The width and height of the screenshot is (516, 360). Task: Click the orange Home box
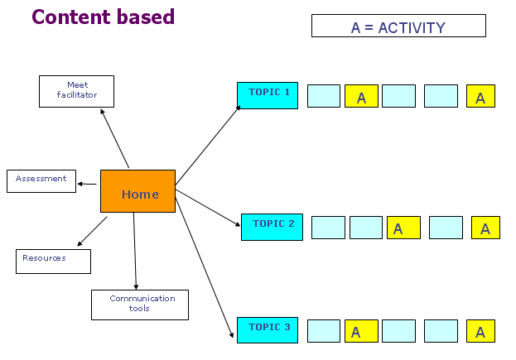coord(137,191)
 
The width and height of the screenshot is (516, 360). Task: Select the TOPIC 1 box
coord(268,95)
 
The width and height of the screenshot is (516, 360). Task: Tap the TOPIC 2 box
coord(272,227)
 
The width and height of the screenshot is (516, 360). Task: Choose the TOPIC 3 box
coord(268,330)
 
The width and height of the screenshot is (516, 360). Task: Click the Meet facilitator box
coord(77,91)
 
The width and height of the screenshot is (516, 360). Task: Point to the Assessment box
coord(41,181)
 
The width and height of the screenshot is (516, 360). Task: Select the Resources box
coord(53,262)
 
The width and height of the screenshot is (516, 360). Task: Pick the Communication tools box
coord(140,305)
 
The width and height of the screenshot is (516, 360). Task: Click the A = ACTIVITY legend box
coord(398,26)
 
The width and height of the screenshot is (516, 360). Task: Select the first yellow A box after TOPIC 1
coord(361,96)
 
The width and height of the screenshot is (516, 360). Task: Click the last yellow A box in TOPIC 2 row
coord(485,228)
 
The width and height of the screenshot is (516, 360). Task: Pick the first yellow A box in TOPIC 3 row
coord(361,331)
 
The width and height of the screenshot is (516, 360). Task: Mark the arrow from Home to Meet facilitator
coord(114,138)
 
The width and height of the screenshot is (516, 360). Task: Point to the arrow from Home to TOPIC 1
coord(208,145)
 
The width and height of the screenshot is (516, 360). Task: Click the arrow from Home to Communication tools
coord(135,251)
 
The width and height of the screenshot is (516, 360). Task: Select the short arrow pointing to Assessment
coord(87,184)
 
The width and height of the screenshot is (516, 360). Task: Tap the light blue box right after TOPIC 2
coord(328,228)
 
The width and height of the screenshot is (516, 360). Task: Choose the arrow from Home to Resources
coord(92,231)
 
